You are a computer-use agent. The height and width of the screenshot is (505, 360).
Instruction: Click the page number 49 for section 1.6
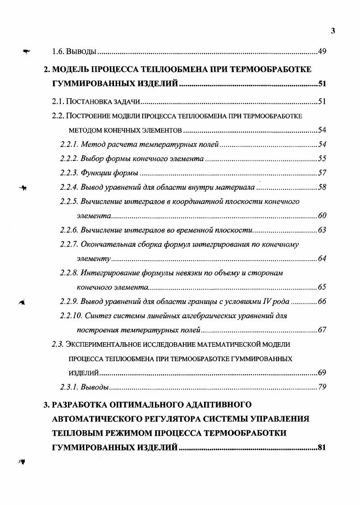[322, 51]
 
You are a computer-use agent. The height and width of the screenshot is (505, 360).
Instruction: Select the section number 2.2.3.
[69, 173]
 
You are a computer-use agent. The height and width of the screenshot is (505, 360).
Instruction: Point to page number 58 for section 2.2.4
[322, 187]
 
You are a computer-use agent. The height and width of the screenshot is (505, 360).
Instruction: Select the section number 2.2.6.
[69, 230]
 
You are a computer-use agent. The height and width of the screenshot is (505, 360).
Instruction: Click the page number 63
[322, 230]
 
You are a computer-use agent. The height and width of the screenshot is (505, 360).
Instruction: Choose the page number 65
[322, 287]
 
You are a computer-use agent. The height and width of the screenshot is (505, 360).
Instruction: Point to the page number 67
[322, 330]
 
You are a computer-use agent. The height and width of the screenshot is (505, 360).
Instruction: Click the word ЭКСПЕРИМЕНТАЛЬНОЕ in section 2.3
[108, 344]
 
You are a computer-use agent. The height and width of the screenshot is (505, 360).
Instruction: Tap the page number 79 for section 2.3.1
[322, 387]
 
